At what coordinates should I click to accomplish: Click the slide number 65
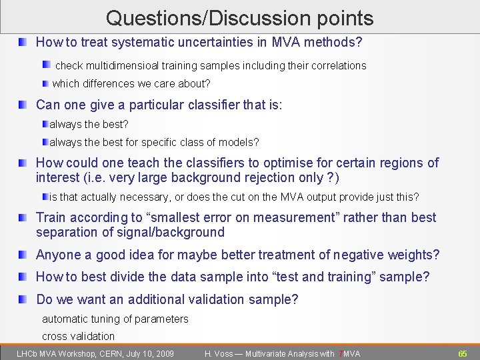point(462,353)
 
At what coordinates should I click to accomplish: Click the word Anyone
point(57,255)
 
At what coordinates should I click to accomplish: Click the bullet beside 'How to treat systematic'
point(23,43)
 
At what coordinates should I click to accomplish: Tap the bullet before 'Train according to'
point(23,217)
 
